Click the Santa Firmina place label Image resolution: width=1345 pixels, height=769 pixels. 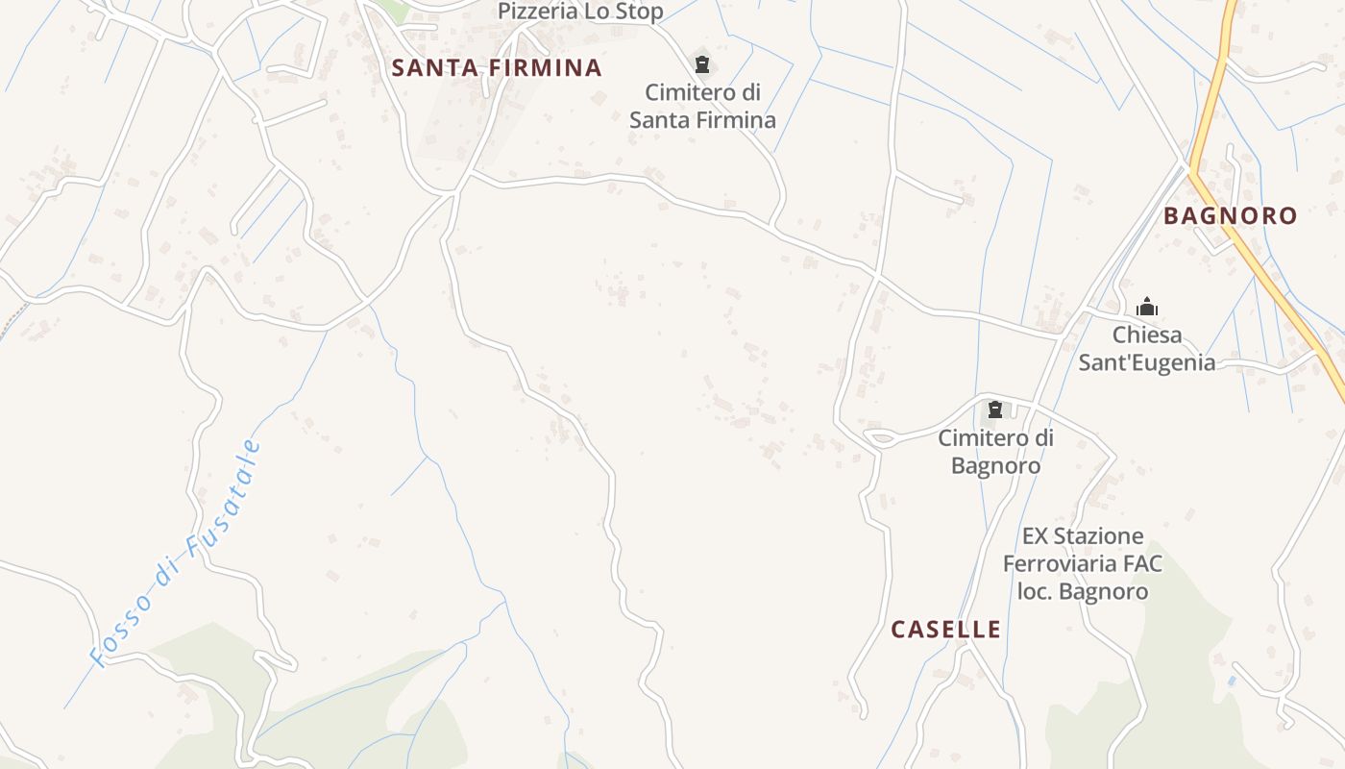(497, 68)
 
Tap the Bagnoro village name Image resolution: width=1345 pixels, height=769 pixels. (1230, 216)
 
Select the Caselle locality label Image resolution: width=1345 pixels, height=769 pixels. (945, 630)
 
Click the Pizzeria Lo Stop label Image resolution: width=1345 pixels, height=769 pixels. (580, 12)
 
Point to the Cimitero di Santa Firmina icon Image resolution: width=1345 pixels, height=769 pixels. (702, 65)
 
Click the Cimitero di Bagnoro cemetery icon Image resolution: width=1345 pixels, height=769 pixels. (995, 410)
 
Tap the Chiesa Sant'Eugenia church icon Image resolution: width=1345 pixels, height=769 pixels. (1146, 308)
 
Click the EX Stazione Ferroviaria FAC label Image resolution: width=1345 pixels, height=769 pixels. (1083, 563)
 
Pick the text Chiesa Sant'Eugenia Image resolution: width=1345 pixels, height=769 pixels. (1146, 349)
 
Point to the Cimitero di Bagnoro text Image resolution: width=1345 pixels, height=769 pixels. (995, 452)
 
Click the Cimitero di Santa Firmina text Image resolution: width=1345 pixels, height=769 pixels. (702, 107)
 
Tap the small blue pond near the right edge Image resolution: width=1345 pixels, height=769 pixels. (1233, 681)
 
